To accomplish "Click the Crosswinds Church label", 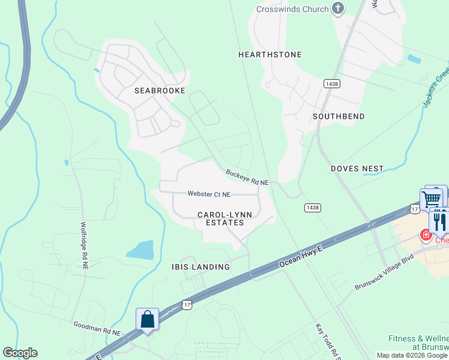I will click(x=292, y=9).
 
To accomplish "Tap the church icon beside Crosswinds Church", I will click(x=338, y=9).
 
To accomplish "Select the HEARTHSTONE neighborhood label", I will click(x=270, y=55).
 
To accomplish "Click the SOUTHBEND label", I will click(x=339, y=116).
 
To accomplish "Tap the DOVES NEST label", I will click(x=357, y=169).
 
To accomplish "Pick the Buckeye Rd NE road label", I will click(x=247, y=177).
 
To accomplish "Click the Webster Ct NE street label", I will click(x=209, y=194).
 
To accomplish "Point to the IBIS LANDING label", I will click(x=200, y=267).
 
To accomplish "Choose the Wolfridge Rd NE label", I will click(x=84, y=247).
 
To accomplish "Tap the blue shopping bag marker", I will click(x=147, y=319).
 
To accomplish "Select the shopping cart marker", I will click(x=431, y=198).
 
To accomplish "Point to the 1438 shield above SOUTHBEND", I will click(x=330, y=83).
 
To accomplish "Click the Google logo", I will click(x=20, y=353).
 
